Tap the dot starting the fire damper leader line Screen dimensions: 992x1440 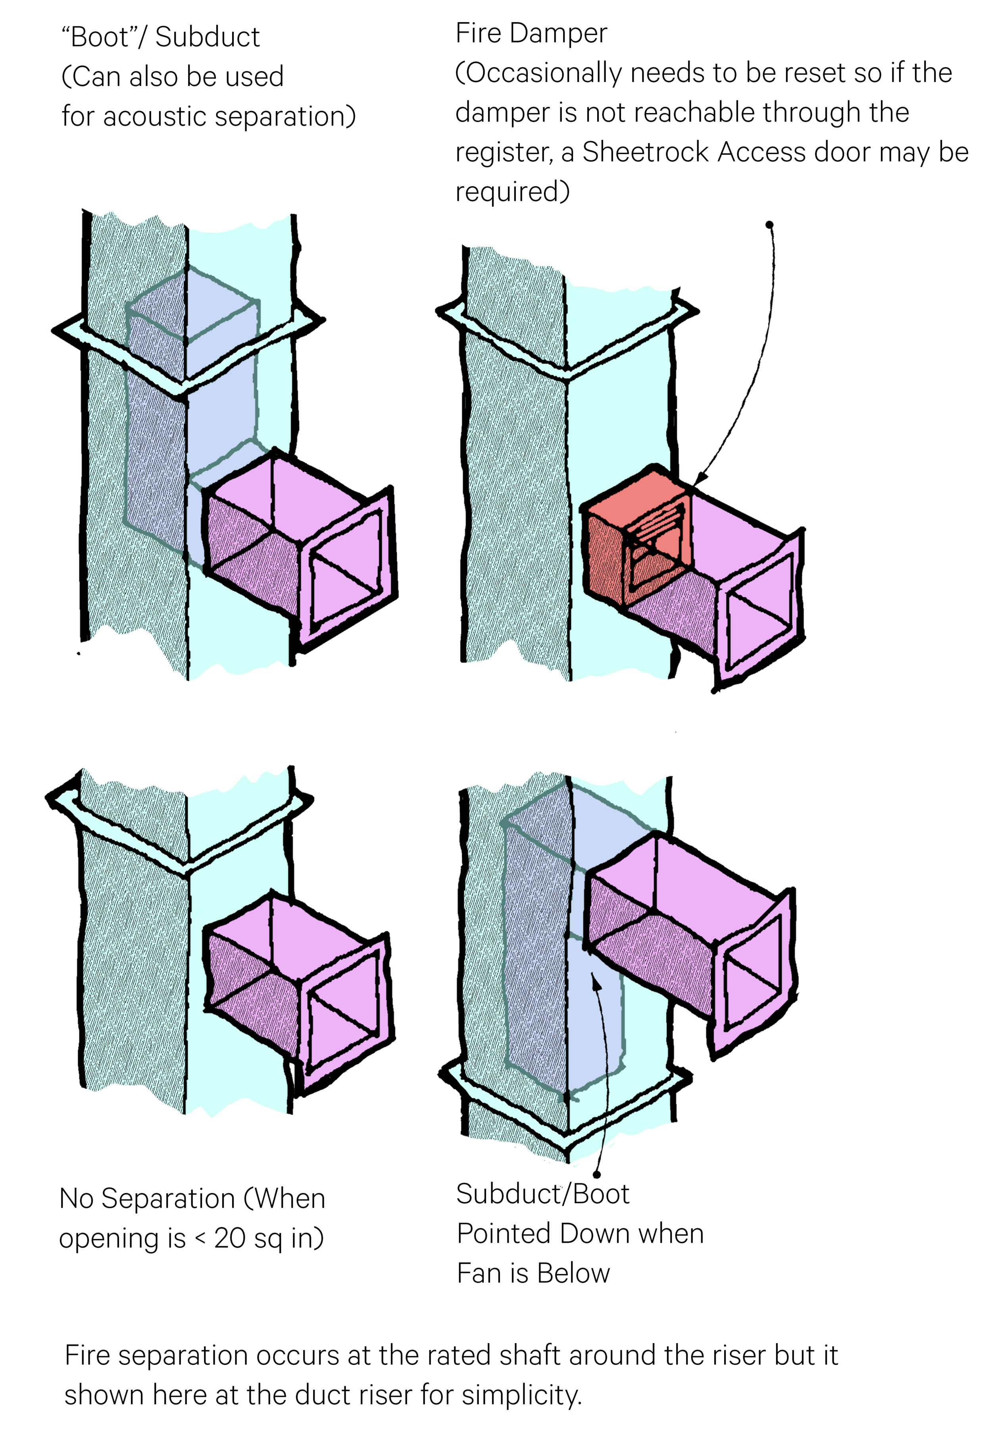coord(769,224)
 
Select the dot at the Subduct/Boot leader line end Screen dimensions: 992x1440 coord(597,1174)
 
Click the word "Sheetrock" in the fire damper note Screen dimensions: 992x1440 coord(645,152)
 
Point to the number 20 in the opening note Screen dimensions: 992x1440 coord(229,1238)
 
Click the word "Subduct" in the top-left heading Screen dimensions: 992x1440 coord(207,37)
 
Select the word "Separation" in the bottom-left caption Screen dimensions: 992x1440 coord(168,1198)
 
